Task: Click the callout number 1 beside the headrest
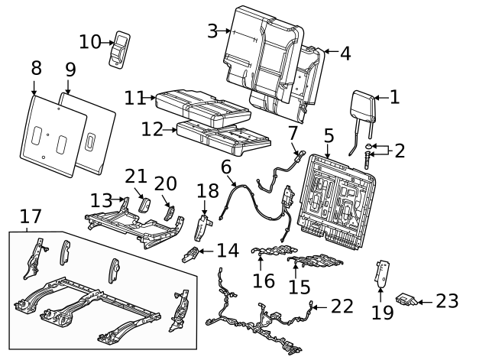(394, 97)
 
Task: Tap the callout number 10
(90, 41)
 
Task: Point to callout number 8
(36, 68)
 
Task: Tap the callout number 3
(213, 31)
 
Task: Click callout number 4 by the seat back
(345, 54)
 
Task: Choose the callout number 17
(31, 216)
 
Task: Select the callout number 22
(343, 306)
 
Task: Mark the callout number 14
(228, 250)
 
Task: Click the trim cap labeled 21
(144, 205)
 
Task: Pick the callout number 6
(226, 167)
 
